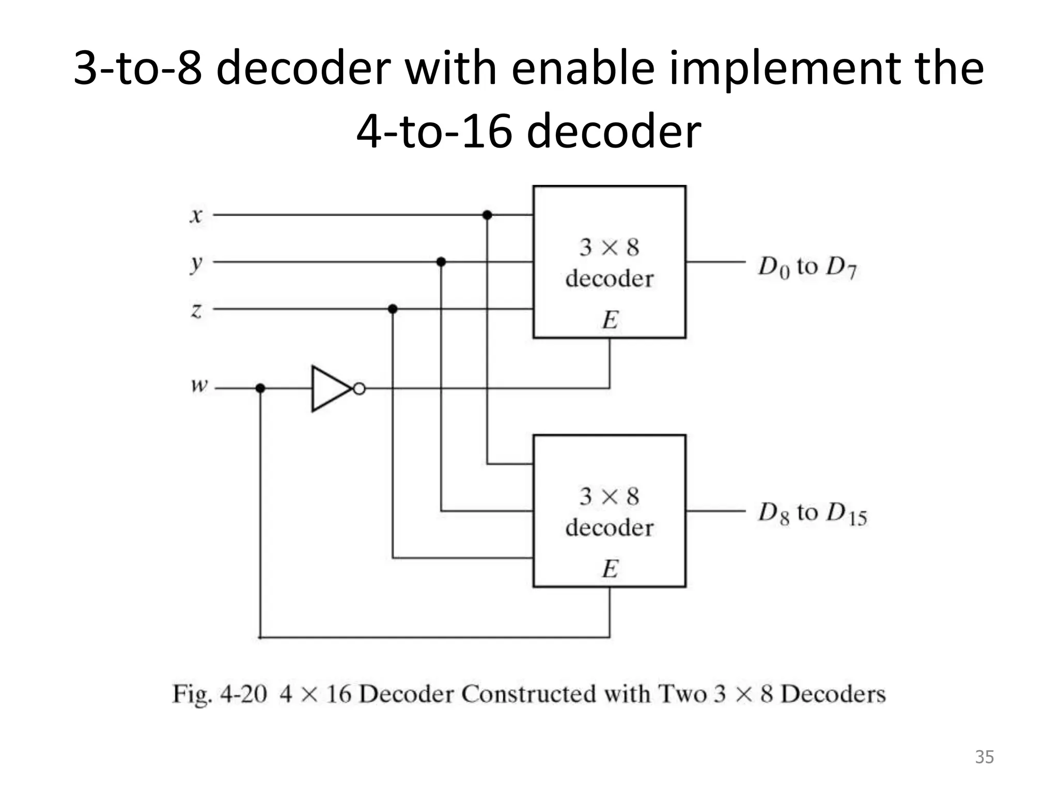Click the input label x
point(196,215)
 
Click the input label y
point(196,264)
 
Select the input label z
point(196,310)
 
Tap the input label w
point(199,385)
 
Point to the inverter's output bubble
point(359,389)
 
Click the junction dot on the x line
point(487,215)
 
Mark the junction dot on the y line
point(441,262)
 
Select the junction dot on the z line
point(393,309)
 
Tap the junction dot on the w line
point(260,388)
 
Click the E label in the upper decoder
point(610,320)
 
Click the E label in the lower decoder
point(610,569)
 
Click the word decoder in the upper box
point(609,279)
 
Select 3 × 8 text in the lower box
point(609,496)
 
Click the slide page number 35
point(984,756)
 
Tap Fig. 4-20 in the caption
point(219,693)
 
